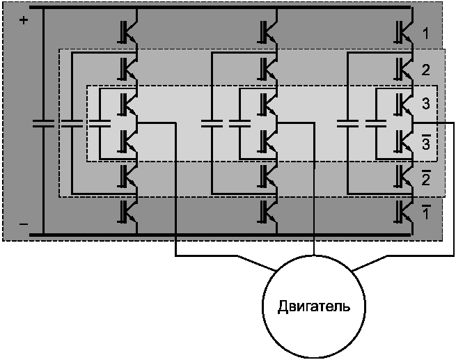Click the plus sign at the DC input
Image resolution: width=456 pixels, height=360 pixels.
tap(24, 20)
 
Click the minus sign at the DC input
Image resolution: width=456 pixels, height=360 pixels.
tap(24, 224)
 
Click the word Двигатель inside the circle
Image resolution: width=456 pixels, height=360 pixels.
tap(314, 306)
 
